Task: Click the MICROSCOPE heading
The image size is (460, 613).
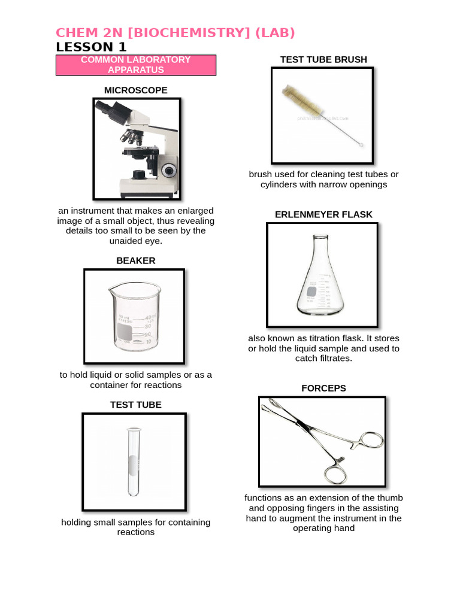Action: [135, 90]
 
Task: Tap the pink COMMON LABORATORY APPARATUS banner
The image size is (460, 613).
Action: [135, 65]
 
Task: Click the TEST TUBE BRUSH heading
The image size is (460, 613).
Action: [323, 59]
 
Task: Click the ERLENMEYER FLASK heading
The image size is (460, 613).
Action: [323, 214]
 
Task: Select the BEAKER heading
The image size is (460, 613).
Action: [135, 260]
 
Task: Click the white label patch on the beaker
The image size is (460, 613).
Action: [125, 332]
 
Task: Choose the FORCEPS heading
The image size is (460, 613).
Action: [323, 388]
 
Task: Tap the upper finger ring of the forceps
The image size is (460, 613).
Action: [370, 441]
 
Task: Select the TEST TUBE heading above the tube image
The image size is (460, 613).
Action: [135, 405]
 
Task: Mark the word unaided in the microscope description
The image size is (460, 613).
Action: [126, 241]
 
